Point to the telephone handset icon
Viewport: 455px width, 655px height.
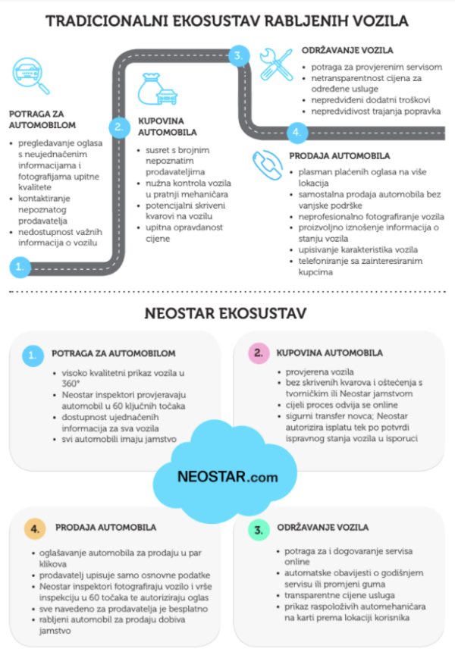268,165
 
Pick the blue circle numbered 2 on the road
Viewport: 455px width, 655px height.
118,127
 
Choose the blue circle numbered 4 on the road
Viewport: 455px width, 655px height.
297,132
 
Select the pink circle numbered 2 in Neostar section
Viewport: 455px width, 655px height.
259,353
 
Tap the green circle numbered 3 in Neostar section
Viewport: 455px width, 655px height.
259,528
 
